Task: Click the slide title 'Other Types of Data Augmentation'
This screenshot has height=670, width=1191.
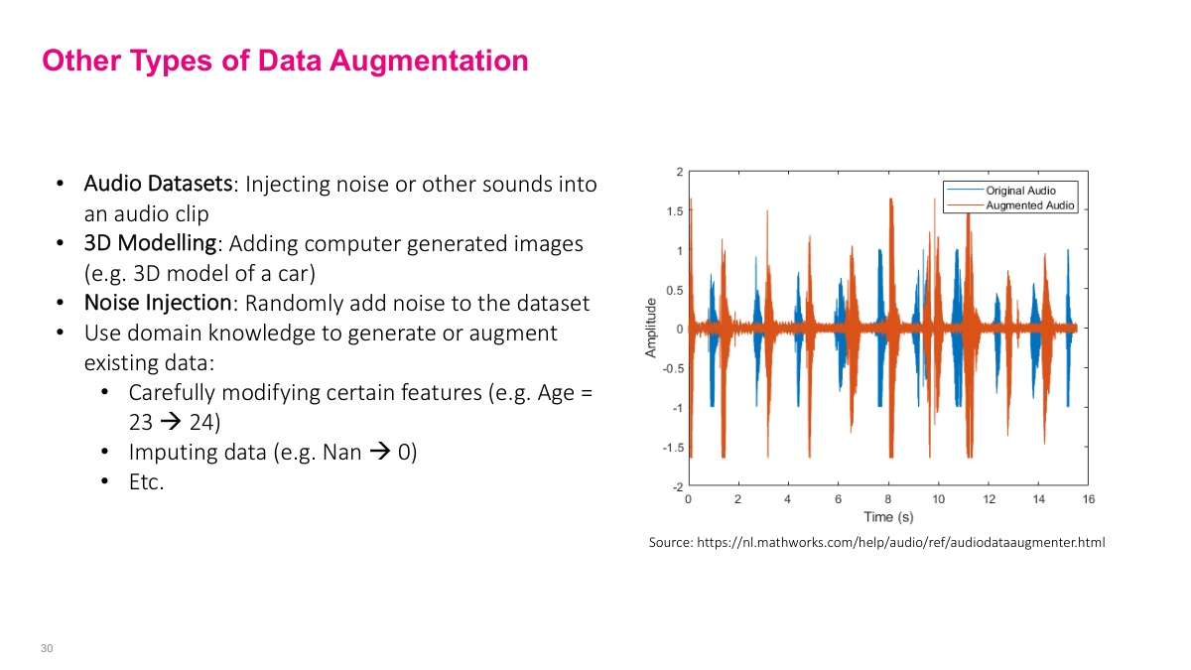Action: click(x=285, y=61)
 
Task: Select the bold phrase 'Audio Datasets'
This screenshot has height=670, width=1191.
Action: click(x=158, y=184)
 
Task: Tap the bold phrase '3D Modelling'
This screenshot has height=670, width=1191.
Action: click(x=149, y=243)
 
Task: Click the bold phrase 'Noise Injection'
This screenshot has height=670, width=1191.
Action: click(x=157, y=303)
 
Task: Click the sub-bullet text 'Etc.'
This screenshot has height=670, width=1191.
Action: click(x=146, y=482)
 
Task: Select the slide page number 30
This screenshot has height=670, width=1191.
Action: click(x=47, y=648)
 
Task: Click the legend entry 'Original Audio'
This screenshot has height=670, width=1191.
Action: click(x=1020, y=191)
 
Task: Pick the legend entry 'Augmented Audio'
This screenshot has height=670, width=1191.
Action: click(x=1029, y=205)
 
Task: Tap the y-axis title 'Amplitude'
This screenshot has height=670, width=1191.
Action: click(x=651, y=328)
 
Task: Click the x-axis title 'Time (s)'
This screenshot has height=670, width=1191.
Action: click(x=887, y=517)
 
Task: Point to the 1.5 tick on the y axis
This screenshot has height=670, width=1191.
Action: click(x=674, y=211)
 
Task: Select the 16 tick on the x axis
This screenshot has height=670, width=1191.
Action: click(x=1089, y=499)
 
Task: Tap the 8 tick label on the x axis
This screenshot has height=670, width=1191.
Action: click(x=888, y=499)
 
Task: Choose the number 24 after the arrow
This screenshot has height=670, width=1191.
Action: click(x=202, y=423)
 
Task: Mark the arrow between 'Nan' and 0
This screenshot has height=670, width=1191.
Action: click(x=380, y=453)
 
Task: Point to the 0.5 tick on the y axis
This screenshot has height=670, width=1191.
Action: click(x=674, y=290)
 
